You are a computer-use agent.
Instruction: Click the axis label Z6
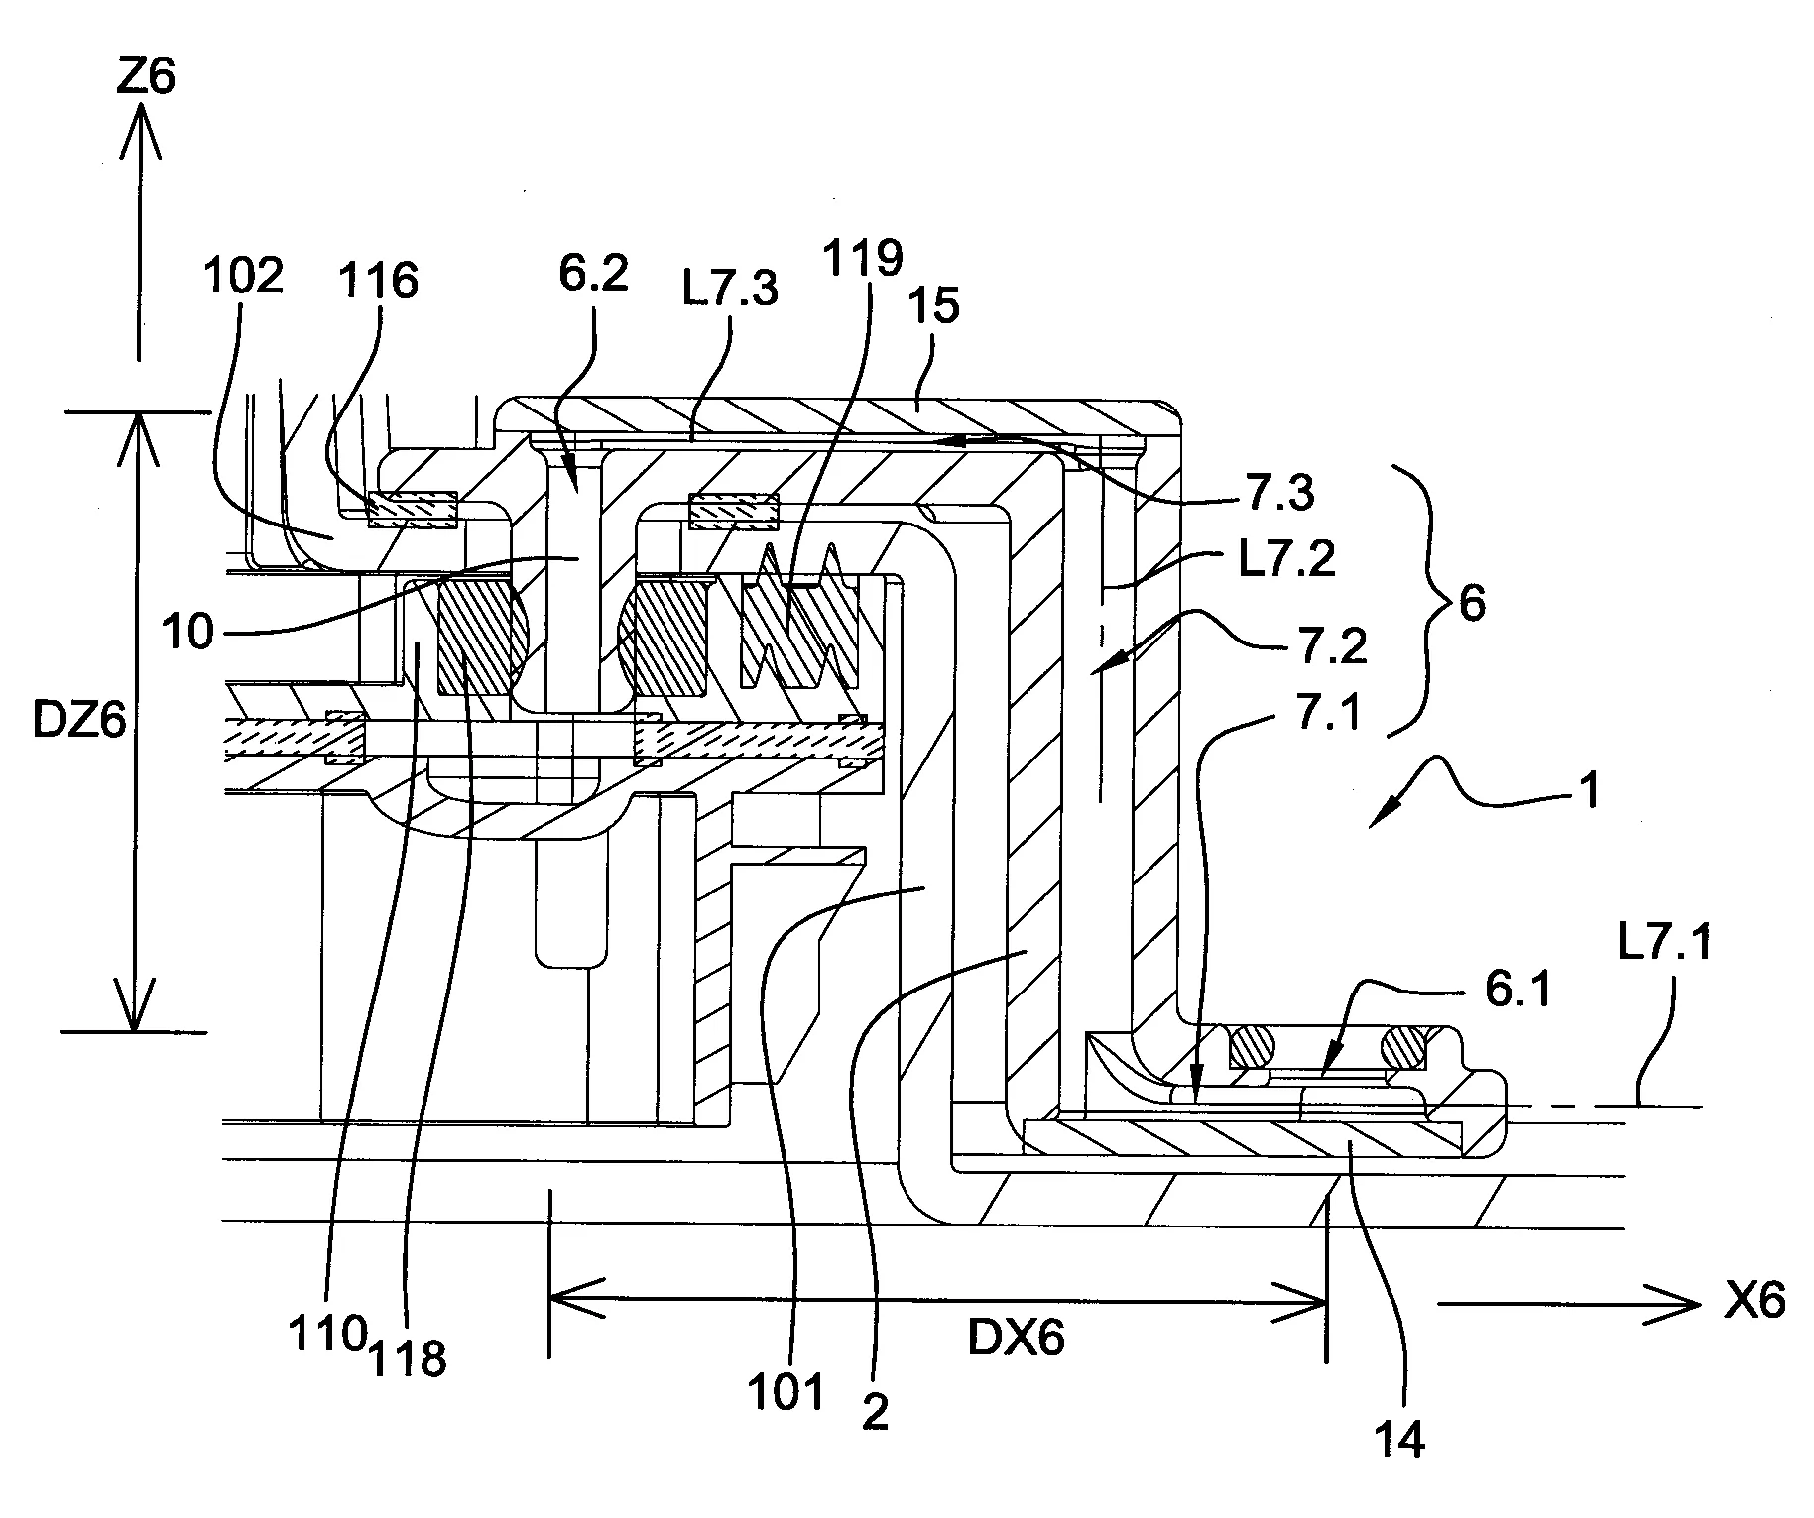(x=145, y=75)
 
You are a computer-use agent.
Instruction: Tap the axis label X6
(x=1754, y=1301)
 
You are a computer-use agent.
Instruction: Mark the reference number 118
(x=408, y=1356)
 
